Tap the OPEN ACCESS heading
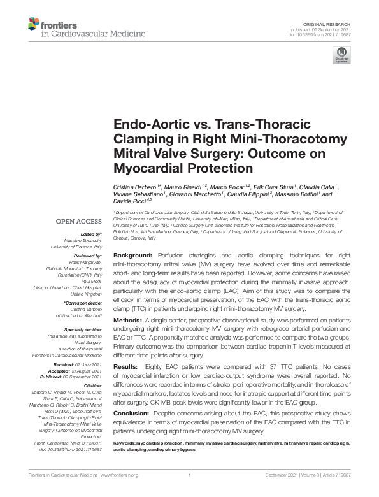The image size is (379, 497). pos(79,221)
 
